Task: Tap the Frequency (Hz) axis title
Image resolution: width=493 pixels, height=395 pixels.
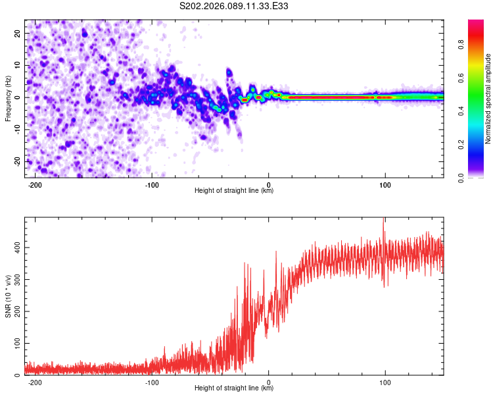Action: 8,98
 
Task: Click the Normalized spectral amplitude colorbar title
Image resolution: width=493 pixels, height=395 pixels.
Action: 488,98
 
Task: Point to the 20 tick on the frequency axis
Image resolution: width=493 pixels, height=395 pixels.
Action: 18,33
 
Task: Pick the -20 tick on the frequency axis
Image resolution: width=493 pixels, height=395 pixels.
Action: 16,161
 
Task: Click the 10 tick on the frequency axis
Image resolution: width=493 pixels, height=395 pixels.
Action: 18,65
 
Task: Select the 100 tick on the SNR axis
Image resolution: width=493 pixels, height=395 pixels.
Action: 15,344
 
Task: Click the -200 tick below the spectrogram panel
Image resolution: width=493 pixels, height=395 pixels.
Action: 36,184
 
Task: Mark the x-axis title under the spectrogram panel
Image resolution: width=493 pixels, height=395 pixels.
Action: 234,191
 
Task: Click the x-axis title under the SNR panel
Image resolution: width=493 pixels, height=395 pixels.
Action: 234,388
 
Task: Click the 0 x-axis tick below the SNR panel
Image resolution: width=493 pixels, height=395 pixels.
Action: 269,382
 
